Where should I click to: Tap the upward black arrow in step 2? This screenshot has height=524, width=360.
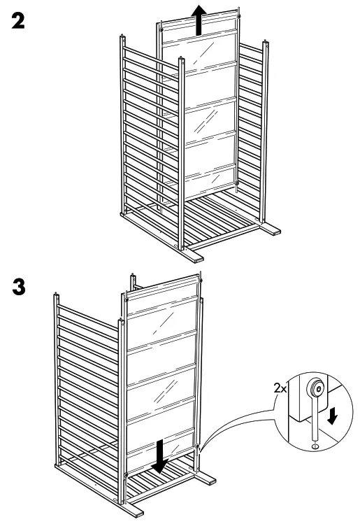click(x=199, y=19)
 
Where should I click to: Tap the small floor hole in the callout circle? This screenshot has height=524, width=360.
click(x=315, y=443)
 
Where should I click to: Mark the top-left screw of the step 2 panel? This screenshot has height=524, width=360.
click(x=161, y=29)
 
